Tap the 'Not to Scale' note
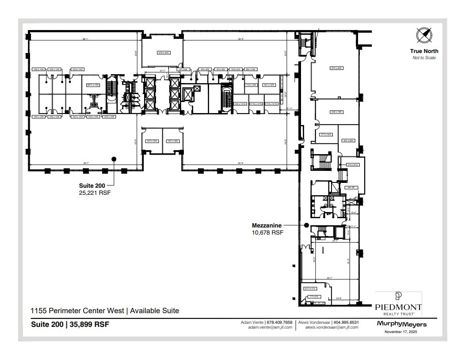tap(424, 58)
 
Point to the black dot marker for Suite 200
tap(114, 159)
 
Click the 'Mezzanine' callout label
tap(267, 225)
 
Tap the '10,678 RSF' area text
tap(267, 232)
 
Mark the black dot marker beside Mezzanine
tap(306, 225)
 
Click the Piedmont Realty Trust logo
tap(398, 304)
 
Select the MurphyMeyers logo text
tap(402, 324)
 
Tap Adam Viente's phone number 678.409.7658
tap(279, 322)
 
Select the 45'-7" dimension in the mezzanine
tap(329, 278)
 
